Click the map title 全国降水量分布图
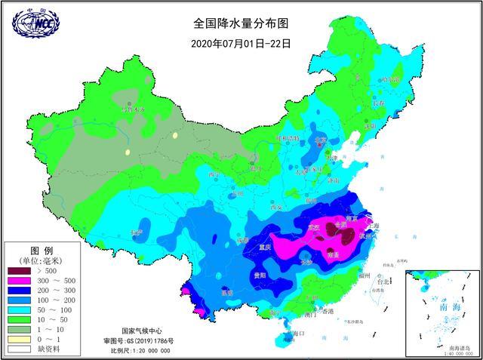pyautogui.click(x=241, y=23)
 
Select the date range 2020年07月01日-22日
pyautogui.click(x=241, y=43)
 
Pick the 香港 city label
pyautogui.click(x=328, y=311)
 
